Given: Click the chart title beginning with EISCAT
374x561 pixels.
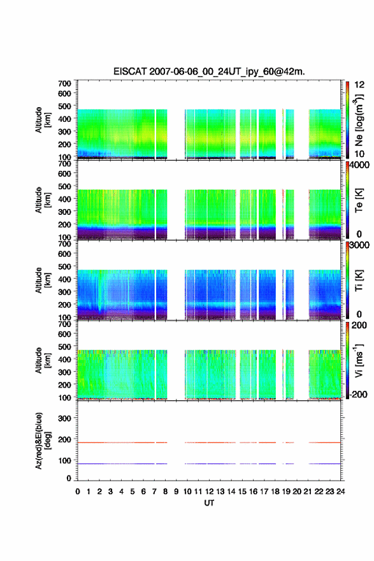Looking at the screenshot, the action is click(x=209, y=71).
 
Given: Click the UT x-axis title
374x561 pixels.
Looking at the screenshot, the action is click(x=209, y=503).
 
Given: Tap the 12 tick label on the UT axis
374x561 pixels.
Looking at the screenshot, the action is click(x=209, y=492).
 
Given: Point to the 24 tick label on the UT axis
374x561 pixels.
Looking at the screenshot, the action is click(x=340, y=492).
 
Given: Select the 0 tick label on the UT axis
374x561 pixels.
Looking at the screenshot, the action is click(x=78, y=492).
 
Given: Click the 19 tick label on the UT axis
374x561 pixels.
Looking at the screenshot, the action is click(x=285, y=492).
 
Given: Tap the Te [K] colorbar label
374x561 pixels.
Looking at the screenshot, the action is click(x=359, y=200).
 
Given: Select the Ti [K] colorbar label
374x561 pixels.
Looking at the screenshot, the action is click(x=359, y=280).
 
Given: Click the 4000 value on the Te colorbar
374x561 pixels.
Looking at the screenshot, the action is click(x=360, y=165).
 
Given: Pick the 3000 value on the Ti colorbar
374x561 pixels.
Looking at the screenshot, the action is click(x=360, y=245).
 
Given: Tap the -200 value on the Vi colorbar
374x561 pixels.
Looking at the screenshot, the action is click(x=359, y=394).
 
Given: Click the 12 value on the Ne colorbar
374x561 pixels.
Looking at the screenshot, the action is click(x=359, y=85).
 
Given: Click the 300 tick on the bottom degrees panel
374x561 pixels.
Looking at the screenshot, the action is click(x=64, y=418).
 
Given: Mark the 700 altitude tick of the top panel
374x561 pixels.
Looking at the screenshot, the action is click(x=64, y=84).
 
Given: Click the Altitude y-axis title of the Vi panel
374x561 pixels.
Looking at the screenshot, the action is click(x=43, y=360).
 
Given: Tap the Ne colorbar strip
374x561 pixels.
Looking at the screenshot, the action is click(x=347, y=120).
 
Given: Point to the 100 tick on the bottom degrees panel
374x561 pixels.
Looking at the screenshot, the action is click(x=64, y=461).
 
